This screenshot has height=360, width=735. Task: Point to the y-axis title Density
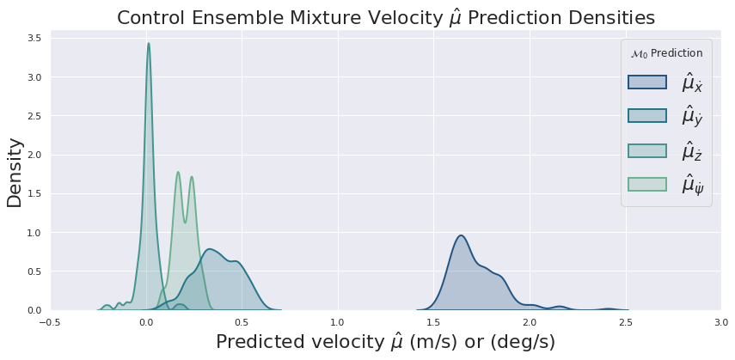15,173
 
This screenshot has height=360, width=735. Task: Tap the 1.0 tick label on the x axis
338,322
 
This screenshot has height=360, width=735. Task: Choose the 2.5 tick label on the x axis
625,322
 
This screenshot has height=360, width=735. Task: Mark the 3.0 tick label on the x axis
721,322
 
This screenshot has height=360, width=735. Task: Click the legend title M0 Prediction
666,53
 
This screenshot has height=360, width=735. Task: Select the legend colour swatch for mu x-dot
646,82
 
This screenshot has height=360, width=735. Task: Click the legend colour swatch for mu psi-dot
646,184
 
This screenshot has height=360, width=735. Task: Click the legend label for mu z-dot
692,150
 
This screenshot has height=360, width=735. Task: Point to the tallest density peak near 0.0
149,44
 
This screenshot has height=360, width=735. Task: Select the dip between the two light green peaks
186,223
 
